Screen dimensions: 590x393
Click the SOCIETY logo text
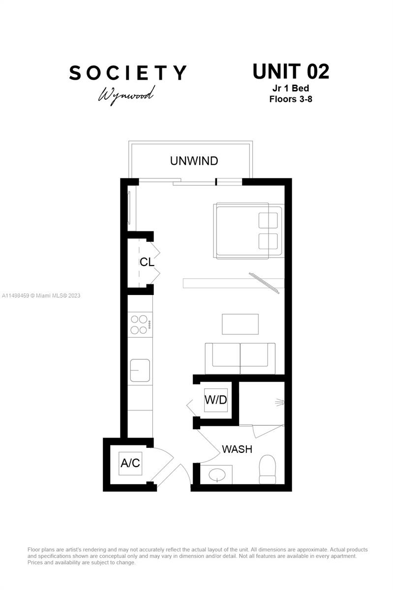coord(128,73)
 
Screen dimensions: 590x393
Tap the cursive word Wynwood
coord(126,93)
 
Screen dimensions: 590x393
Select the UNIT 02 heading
coord(291,72)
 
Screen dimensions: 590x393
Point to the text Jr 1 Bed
coord(291,88)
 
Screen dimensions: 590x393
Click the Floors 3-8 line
coord(291,99)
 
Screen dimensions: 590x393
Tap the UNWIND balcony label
coord(194,161)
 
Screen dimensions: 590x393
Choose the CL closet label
coord(147,262)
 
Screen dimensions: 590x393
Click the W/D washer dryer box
coord(216,400)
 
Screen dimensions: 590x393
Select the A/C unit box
coord(130,463)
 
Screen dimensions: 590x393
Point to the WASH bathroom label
coord(237,449)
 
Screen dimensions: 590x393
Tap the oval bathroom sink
coord(216,475)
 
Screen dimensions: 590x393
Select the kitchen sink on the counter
coord(140,370)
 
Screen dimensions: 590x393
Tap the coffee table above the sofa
coord(240,324)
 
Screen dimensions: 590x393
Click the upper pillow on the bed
coord(268,220)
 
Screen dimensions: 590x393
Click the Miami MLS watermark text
coord(41,295)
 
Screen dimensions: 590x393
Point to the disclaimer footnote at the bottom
coord(197,556)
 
